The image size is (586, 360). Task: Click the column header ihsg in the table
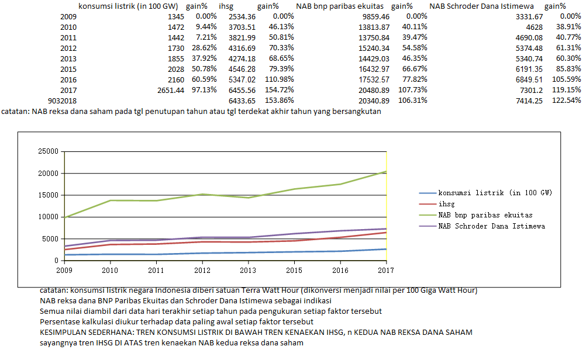click(x=228, y=6)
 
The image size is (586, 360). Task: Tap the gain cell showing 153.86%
click(x=281, y=101)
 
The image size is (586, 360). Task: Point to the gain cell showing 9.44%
click(x=205, y=27)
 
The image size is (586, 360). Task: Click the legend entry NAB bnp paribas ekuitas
click(x=485, y=215)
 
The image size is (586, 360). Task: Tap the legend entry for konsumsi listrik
click(x=495, y=193)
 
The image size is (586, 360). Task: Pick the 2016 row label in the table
click(x=68, y=79)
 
